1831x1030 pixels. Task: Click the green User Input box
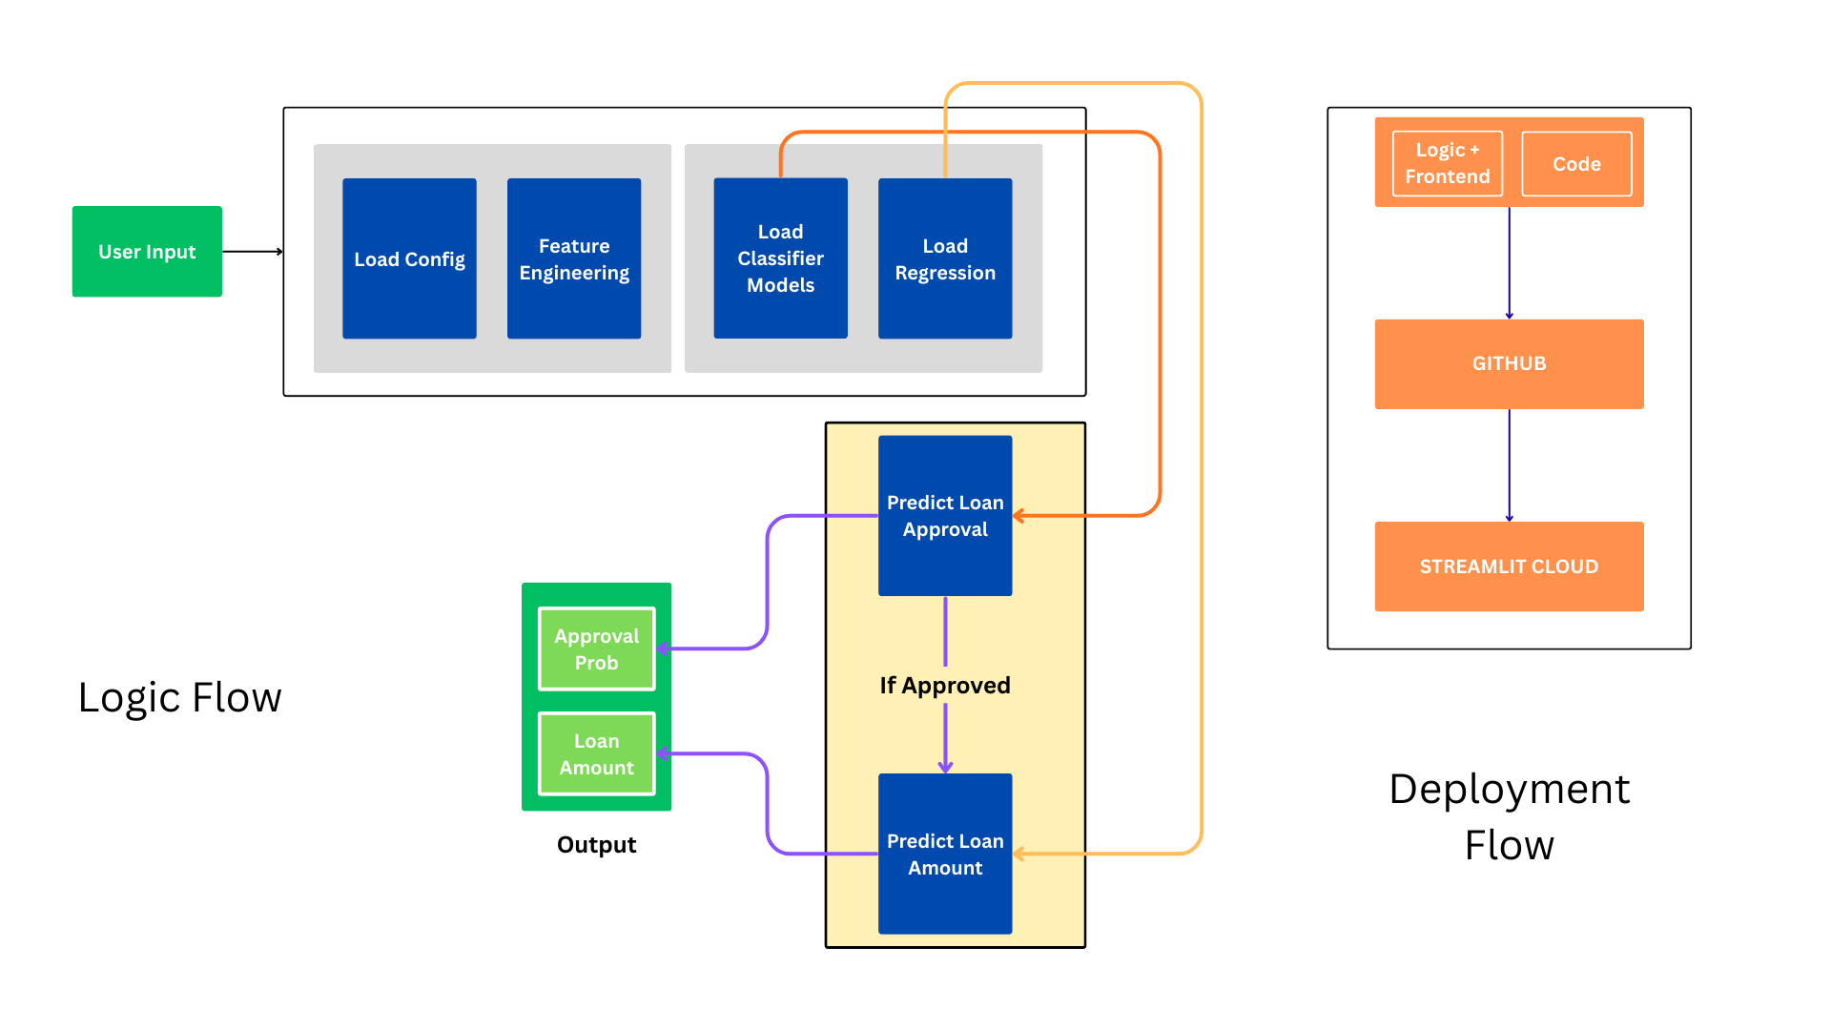pos(147,252)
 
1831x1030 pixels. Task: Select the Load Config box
pos(409,258)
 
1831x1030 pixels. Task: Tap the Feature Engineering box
pos(573,258)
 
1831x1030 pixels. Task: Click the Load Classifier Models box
pos(780,258)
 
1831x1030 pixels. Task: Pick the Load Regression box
pos(944,258)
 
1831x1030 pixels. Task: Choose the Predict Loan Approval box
pos(944,516)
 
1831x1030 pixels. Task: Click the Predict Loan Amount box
pos(944,854)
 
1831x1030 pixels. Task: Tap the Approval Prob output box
pos(596,649)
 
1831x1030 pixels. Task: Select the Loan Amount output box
pos(596,753)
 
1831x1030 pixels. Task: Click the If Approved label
pos(944,685)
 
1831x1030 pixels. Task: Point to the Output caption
pos(596,845)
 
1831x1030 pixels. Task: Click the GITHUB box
pos(1509,363)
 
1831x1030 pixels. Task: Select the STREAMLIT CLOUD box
pos(1509,566)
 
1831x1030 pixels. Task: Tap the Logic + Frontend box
pos(1447,163)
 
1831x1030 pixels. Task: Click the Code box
pos(1576,163)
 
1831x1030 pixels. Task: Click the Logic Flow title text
pos(179,697)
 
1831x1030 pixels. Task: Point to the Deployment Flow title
pos(1509,816)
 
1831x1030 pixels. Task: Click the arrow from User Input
pos(253,252)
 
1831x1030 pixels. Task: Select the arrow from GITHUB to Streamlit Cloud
pos(1509,465)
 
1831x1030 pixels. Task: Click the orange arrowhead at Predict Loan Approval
pos(1018,516)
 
